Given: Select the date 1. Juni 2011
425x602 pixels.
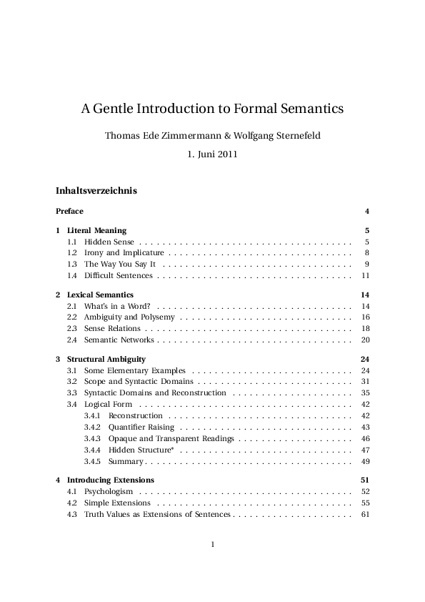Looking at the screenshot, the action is pos(212,154).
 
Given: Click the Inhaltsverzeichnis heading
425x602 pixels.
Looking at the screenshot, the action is pos(96,191).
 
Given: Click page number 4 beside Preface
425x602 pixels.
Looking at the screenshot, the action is pos(366,211).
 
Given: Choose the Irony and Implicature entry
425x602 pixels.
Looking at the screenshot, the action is pos(124,253).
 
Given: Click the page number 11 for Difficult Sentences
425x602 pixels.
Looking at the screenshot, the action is pos(365,275).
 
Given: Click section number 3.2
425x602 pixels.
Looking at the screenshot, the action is pos(72,382).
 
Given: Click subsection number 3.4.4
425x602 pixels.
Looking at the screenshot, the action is pos(92,450).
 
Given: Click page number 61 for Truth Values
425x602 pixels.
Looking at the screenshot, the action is pos(365,514).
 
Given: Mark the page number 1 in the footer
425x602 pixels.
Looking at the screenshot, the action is pos(213,545).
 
